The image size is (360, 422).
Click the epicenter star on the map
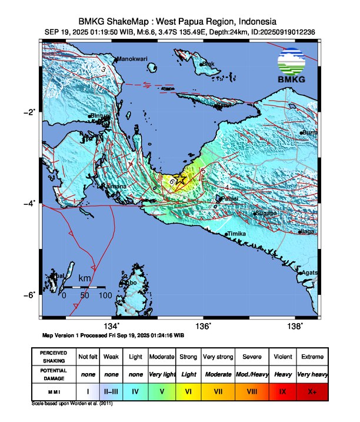click(x=181, y=180)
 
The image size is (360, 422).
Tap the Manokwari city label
click(x=132, y=59)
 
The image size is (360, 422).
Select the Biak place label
click(x=207, y=64)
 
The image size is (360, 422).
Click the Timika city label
click(x=237, y=234)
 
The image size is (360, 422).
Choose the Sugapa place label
click(x=266, y=213)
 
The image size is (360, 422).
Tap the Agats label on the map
click(x=310, y=273)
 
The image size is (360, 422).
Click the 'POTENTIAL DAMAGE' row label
click(x=54, y=374)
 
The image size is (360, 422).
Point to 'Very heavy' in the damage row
click(x=312, y=374)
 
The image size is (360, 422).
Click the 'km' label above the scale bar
click(x=85, y=277)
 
